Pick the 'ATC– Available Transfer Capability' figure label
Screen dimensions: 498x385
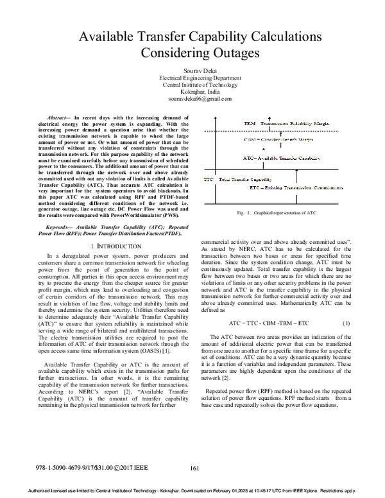[x=281, y=157]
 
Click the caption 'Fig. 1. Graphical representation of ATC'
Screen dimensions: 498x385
[x=276, y=212]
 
